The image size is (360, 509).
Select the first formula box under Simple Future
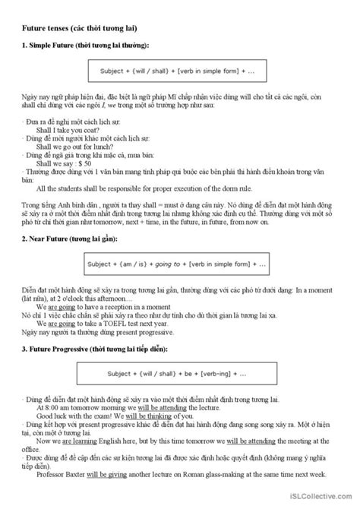click(179, 72)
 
